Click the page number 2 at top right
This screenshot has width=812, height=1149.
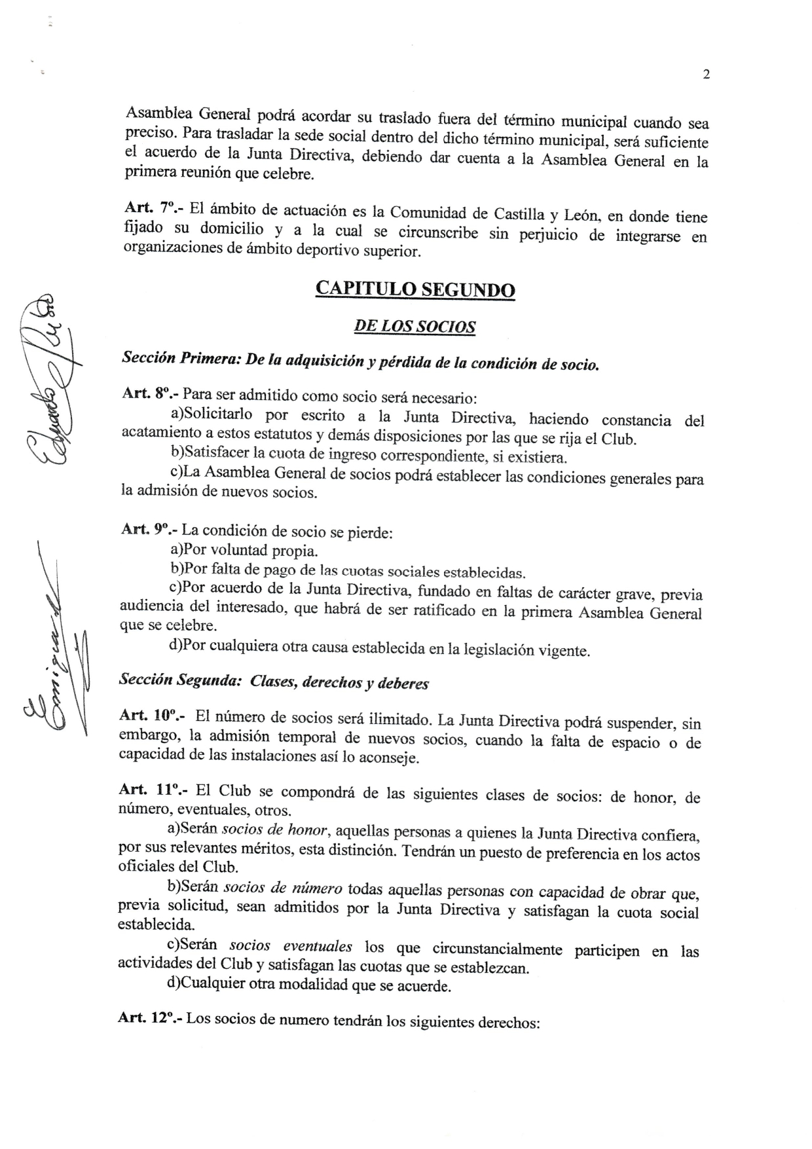[706, 75]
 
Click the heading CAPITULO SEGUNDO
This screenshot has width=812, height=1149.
[415, 289]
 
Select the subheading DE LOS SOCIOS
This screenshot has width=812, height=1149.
[415, 326]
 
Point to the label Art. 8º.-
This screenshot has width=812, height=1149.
[150, 393]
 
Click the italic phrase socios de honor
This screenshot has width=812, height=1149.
[274, 830]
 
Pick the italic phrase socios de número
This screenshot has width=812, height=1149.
[283, 888]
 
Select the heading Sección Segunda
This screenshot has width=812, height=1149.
[173, 680]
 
